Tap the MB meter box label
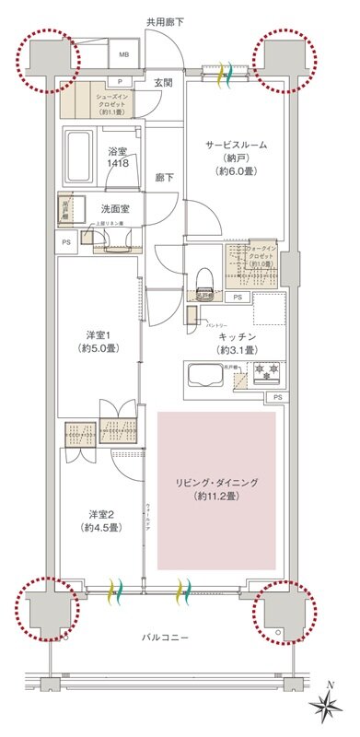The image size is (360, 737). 125,53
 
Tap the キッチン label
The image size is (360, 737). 237,337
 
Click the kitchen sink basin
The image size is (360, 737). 205,376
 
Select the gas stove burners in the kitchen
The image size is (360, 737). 264,373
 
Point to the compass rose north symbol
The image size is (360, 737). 327,708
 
